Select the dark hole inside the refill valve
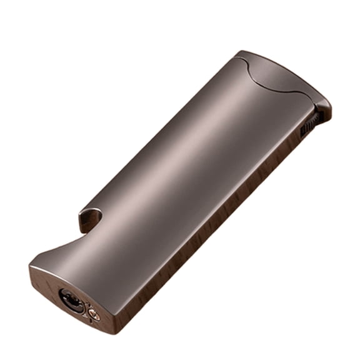[70, 301]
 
